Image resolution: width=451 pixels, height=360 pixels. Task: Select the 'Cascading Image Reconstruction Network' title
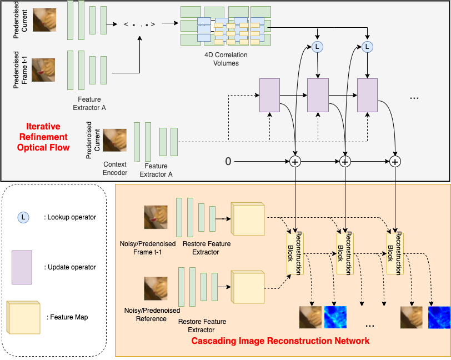click(280, 340)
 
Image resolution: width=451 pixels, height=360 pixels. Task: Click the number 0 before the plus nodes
click(228, 162)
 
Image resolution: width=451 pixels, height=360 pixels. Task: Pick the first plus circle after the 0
click(295, 162)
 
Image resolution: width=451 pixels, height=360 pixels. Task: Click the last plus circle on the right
click(395, 162)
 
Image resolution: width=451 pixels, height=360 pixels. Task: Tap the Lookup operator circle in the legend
click(23, 217)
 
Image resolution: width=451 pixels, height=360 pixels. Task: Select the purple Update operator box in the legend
click(22, 267)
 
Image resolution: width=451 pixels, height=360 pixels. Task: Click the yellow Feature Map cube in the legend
click(23, 317)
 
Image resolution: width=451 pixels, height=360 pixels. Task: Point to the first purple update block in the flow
click(270, 96)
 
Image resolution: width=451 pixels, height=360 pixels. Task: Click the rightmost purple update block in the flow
click(367, 96)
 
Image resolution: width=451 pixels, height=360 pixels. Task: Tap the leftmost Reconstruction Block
click(295, 253)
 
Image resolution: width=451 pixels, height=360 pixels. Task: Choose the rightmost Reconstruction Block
click(395, 253)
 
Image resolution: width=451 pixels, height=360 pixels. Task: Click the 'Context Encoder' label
click(116, 169)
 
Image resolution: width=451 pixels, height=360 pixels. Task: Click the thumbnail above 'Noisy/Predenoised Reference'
click(156, 289)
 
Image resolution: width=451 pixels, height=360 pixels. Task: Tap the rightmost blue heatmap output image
click(439, 318)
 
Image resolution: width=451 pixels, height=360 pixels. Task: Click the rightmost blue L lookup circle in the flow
click(367, 48)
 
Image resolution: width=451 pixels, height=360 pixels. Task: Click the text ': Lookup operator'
click(70, 217)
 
